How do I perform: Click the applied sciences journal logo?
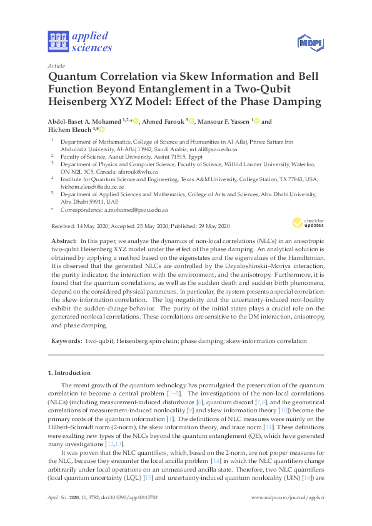pyautogui.click(x=79, y=41)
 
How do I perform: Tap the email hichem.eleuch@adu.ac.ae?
pyautogui.click(x=91, y=187)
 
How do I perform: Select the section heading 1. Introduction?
pyautogui.click(x=71, y=373)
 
